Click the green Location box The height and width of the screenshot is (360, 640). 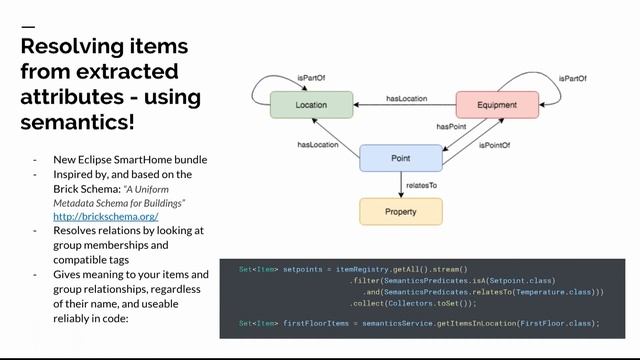point(311,105)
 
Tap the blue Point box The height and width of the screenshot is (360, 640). point(400,158)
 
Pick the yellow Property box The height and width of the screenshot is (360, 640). point(400,211)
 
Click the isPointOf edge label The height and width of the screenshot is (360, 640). point(494,145)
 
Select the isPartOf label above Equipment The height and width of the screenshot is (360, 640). point(574,77)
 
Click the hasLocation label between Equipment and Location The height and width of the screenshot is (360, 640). point(406,99)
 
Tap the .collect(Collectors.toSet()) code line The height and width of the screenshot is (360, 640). point(412,303)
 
